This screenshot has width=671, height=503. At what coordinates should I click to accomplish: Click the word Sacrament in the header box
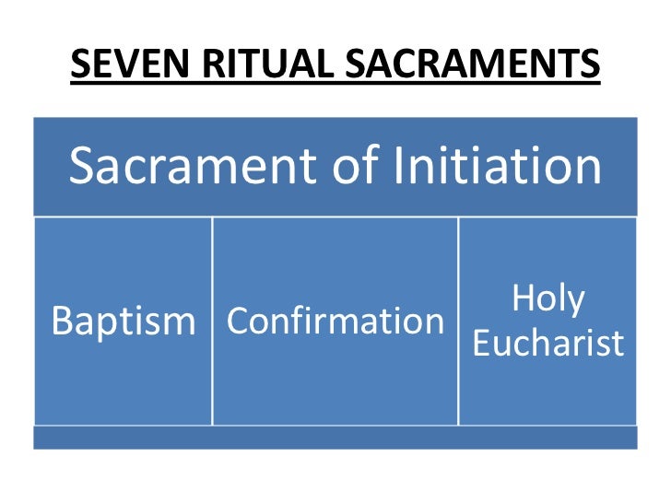[203, 166]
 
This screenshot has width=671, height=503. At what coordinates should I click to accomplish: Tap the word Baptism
[124, 322]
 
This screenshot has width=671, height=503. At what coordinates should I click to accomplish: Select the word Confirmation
[335, 322]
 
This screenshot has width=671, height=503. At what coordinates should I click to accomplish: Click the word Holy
[548, 300]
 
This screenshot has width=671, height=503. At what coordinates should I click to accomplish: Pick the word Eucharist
[547, 343]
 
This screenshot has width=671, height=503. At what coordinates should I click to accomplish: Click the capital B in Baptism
[63, 322]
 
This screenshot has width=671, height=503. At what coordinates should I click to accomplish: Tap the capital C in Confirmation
[238, 322]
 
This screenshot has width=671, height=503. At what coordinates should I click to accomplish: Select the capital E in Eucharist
[480, 343]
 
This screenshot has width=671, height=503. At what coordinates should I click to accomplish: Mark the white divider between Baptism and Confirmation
[213, 321]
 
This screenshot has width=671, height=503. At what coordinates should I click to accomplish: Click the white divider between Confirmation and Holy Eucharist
[458, 321]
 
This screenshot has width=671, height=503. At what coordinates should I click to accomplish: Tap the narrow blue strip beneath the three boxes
[335, 437]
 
